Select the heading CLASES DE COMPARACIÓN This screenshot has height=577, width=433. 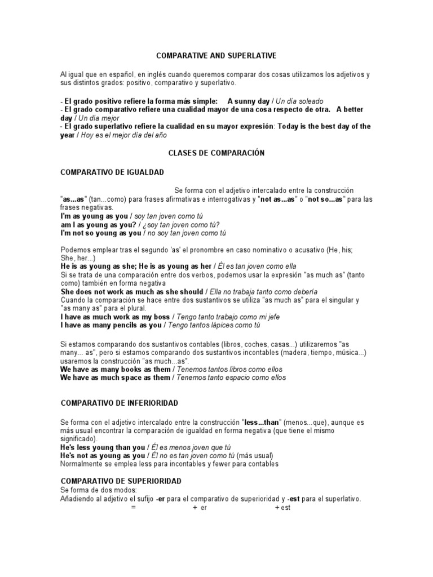216,153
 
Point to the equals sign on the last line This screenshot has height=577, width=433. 134,508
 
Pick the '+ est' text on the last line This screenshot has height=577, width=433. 282,508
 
